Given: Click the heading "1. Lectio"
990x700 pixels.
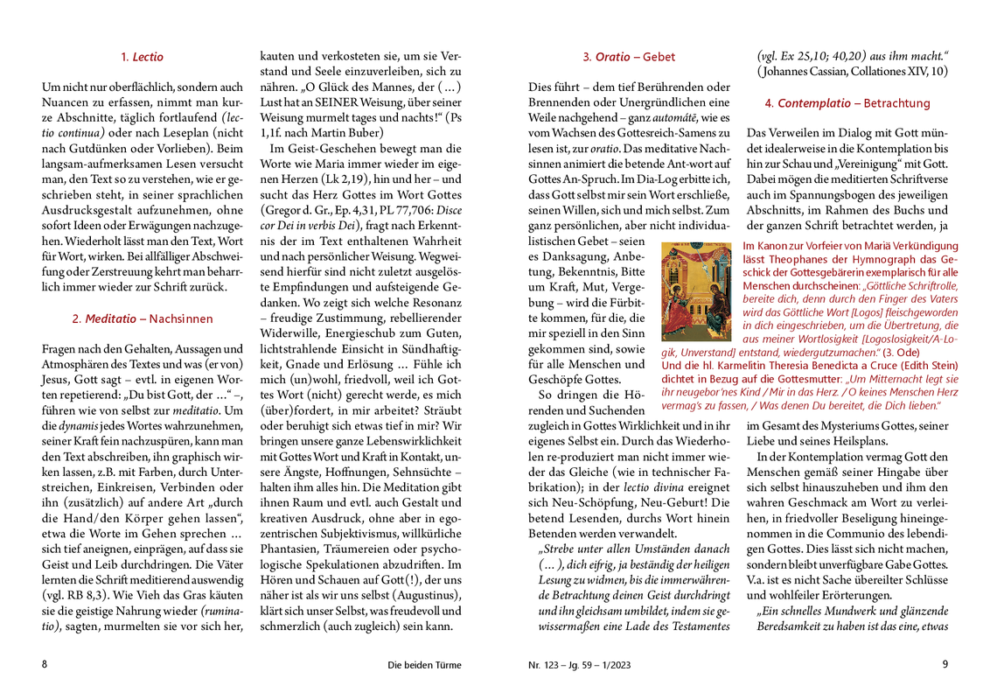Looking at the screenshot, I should click(x=143, y=58).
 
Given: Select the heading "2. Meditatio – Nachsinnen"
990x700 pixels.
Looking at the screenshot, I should click(x=143, y=318).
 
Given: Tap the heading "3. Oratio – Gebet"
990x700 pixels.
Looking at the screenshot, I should click(x=629, y=58).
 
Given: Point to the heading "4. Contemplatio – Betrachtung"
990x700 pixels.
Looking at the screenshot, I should click(x=847, y=103).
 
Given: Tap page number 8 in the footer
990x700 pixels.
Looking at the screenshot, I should click(x=45, y=664).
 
